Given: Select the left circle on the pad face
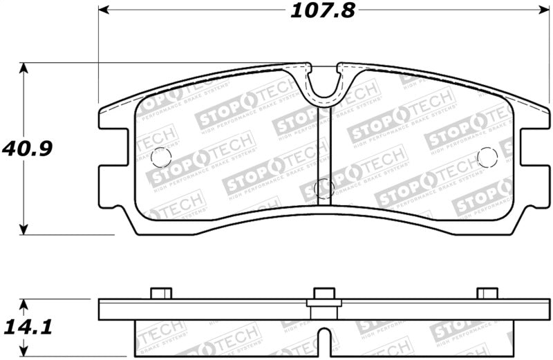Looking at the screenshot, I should click(160, 157).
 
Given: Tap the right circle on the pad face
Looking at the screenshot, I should click(487, 157).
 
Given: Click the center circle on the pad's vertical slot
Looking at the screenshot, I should click(324, 188).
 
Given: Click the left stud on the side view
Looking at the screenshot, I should click(160, 293).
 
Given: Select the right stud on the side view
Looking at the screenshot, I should click(487, 293).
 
